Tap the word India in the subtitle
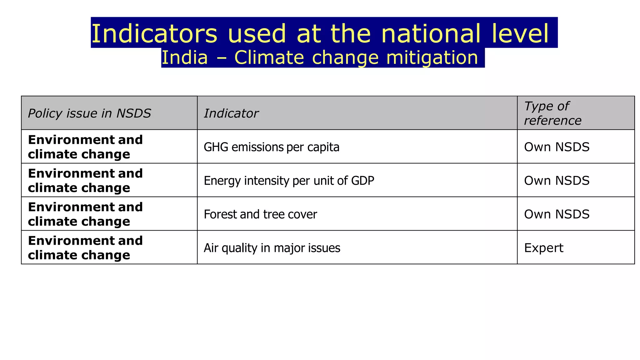tap(184, 58)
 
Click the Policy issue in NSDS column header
tap(89, 113)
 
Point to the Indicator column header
tap(231, 113)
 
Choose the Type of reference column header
tap(552, 113)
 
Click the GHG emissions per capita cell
tap(271, 147)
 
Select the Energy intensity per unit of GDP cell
tap(289, 181)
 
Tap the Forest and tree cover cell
tap(260, 214)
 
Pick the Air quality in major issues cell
tap(272, 248)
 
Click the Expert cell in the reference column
tap(543, 248)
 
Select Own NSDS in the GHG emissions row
tap(557, 147)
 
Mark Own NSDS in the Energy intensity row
tap(557, 181)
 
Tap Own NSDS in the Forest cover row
tap(557, 214)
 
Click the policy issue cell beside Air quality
tap(85, 248)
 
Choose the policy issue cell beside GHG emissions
tap(85, 147)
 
